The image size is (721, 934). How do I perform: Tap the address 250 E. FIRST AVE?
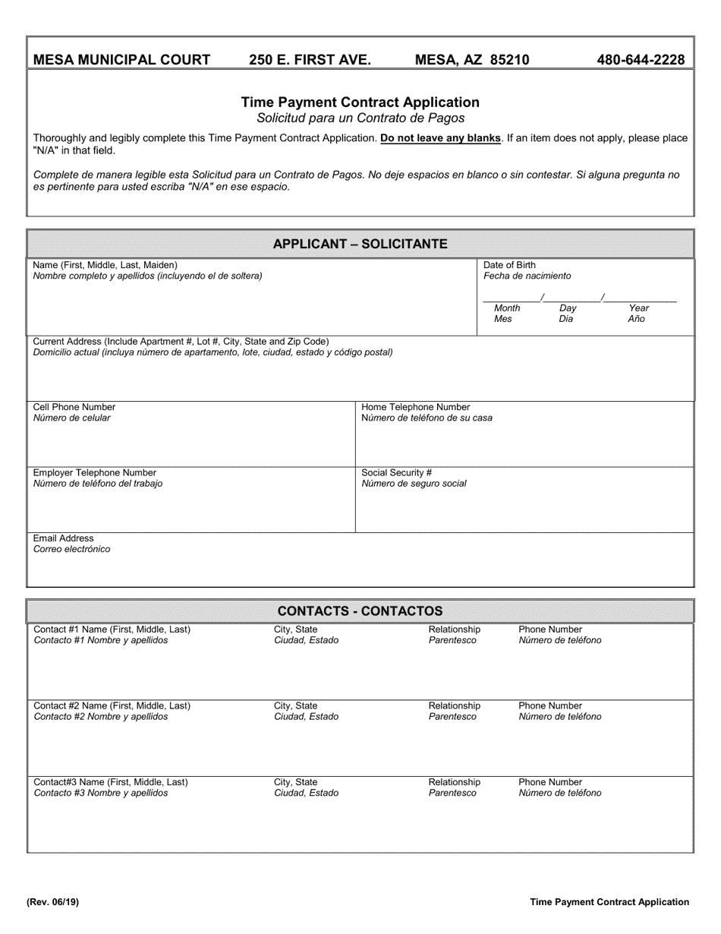click(x=310, y=60)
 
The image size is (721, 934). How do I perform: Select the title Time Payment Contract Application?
click(x=360, y=103)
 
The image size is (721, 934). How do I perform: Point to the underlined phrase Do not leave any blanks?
click(x=440, y=138)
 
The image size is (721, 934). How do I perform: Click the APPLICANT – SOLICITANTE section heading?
click(x=360, y=244)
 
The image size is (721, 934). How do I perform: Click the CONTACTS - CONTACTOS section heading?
click(x=360, y=611)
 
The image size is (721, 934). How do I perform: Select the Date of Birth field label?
click(x=509, y=265)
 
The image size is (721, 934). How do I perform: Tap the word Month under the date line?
click(x=507, y=308)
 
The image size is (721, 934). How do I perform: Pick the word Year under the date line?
click(x=639, y=308)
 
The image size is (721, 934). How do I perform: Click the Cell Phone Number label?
click(x=74, y=407)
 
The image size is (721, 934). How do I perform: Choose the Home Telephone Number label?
click(x=415, y=407)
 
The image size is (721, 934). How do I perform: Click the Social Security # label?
click(x=396, y=472)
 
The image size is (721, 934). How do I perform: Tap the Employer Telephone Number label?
click(x=95, y=472)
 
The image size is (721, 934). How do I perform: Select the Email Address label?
click(x=64, y=538)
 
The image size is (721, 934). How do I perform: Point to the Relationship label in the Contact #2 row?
click(x=454, y=706)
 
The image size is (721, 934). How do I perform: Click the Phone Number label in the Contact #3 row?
click(x=550, y=782)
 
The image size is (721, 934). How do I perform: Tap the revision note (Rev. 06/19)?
click(x=52, y=902)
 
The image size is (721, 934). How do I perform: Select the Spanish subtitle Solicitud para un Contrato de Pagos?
click(x=360, y=118)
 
